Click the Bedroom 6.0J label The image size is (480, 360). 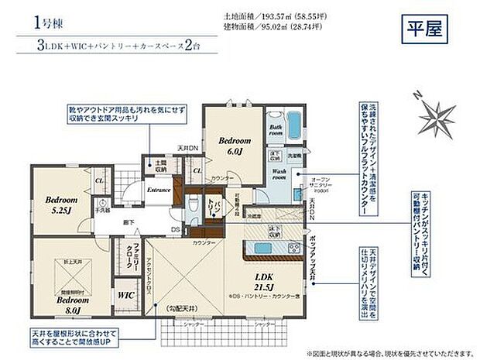point(234,147)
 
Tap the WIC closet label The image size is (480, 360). point(126,295)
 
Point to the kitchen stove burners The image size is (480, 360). point(295,248)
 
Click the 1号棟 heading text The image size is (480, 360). point(48,22)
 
